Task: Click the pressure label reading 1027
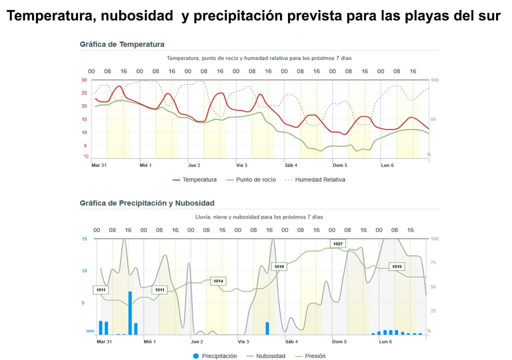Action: (338, 243)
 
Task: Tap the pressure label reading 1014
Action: (218, 281)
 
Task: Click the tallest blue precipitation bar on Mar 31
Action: (130, 312)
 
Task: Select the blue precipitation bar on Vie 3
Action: (267, 328)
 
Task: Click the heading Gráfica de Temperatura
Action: (122, 44)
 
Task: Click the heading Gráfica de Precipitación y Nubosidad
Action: (147, 203)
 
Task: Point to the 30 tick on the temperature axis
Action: (84, 80)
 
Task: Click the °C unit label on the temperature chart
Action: (85, 156)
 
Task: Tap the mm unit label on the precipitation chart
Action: (89, 331)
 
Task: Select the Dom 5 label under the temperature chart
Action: (340, 165)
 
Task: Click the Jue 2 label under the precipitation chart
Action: (197, 342)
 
